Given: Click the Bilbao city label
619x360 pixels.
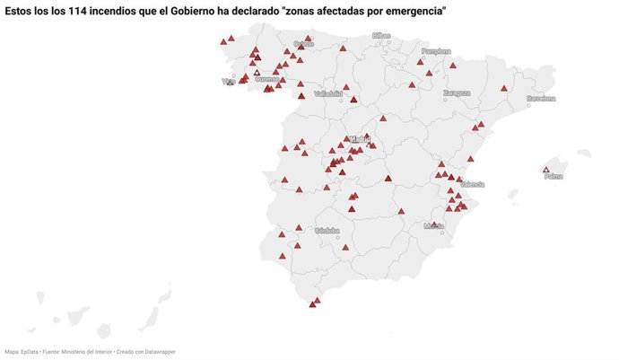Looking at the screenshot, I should (x=382, y=36).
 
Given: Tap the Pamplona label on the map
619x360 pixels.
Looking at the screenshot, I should (x=436, y=51).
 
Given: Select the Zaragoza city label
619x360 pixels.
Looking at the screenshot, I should (x=456, y=92).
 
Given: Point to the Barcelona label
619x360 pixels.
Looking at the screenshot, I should (x=541, y=98).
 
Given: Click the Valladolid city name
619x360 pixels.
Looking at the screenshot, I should (x=328, y=92).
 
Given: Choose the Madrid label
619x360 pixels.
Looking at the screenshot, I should (x=360, y=139).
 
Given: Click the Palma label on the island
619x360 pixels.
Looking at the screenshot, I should (x=554, y=176).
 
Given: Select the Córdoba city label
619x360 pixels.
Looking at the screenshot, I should (x=327, y=230).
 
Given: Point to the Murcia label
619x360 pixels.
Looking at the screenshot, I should (x=434, y=226).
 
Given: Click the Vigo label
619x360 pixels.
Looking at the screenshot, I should (x=228, y=82).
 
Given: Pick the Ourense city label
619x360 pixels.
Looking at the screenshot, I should (x=266, y=79).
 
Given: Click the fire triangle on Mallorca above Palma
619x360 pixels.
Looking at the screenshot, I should (x=546, y=169).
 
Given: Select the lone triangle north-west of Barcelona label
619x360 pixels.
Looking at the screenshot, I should (x=504, y=88).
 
